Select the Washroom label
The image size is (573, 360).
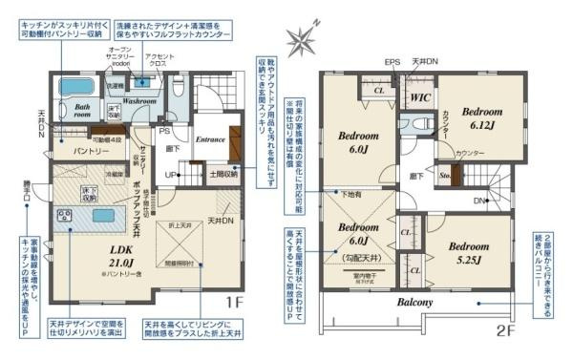coord(138,99)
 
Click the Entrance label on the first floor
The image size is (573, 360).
coord(210,139)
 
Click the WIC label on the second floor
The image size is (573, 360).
coord(417,97)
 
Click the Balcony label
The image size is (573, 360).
coord(411,303)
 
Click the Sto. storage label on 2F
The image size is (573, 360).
coord(446,177)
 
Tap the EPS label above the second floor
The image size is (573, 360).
coord(392,62)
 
